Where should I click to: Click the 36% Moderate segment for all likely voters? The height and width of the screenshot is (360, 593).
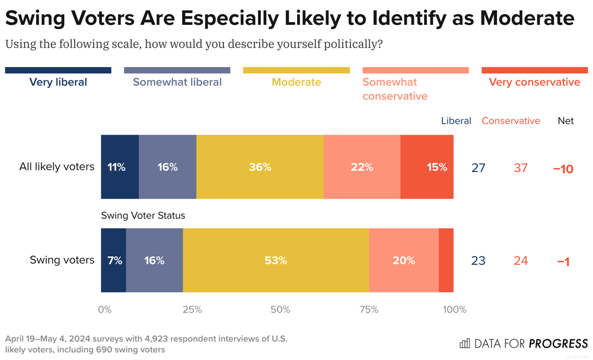pyautogui.click(x=260, y=167)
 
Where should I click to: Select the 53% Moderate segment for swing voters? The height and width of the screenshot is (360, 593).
pyautogui.click(x=276, y=260)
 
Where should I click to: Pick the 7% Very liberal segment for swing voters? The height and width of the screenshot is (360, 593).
pyautogui.click(x=113, y=260)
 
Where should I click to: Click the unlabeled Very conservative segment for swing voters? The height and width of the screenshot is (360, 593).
pyautogui.click(x=446, y=260)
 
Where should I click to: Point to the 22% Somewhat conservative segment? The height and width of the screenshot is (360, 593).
pyautogui.click(x=362, y=167)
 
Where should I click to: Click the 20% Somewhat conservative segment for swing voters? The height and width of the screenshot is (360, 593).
pyautogui.click(x=403, y=260)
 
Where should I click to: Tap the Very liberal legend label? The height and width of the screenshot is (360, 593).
pyautogui.click(x=58, y=82)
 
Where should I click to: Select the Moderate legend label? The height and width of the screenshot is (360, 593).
pyautogui.click(x=296, y=82)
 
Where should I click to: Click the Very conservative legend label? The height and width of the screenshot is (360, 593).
pyautogui.click(x=534, y=82)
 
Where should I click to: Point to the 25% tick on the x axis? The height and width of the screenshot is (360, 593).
pyautogui.click(x=192, y=310)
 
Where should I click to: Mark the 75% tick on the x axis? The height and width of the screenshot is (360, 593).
pyautogui.click(x=369, y=310)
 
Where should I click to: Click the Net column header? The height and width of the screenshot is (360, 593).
pyautogui.click(x=566, y=121)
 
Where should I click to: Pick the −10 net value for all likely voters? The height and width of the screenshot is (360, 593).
pyautogui.click(x=563, y=168)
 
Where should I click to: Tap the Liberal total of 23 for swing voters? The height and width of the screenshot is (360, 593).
pyautogui.click(x=478, y=261)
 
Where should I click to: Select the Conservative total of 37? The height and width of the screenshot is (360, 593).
pyautogui.click(x=521, y=168)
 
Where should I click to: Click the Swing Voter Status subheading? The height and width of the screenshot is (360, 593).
pyautogui.click(x=143, y=216)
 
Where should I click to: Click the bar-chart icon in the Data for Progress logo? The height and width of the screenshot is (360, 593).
pyautogui.click(x=465, y=343)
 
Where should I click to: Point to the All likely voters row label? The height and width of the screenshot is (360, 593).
pyautogui.click(x=57, y=167)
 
